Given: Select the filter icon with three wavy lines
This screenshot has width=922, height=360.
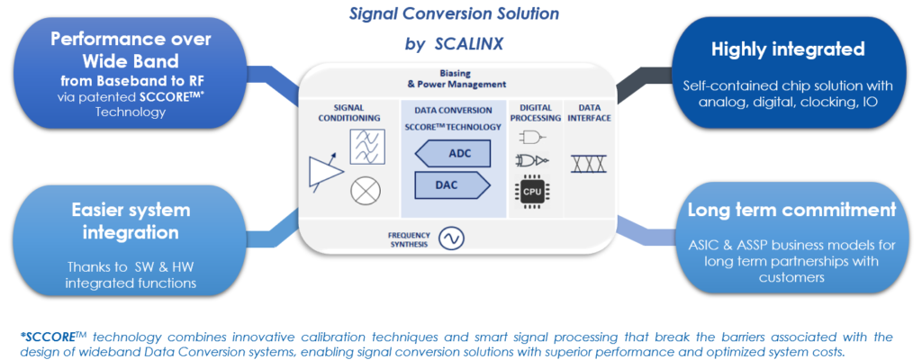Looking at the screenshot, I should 365,144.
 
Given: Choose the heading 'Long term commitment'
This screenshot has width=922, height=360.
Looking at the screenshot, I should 791,211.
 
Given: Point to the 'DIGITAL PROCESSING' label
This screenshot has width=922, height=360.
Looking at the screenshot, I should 530,112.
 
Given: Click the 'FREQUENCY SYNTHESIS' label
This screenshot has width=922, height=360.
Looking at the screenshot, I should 407,238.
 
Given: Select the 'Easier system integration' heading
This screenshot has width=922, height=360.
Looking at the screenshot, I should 131,221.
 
